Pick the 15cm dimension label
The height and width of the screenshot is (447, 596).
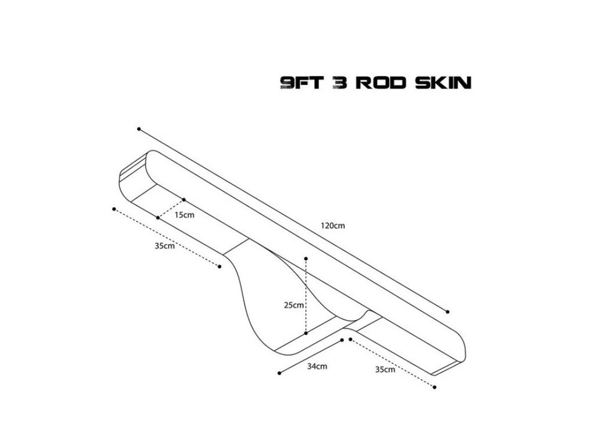[185, 215]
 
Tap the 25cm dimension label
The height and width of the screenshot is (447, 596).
[293, 304]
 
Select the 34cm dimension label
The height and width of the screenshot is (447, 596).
[317, 366]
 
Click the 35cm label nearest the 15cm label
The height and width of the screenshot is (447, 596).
[165, 246]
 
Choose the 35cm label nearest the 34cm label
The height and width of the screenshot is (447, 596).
[386, 369]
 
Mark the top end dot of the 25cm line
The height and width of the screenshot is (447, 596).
[306, 257]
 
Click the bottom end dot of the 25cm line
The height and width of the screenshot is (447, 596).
[306, 334]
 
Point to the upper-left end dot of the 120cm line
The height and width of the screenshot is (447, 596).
[139, 129]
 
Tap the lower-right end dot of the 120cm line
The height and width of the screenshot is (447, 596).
[448, 310]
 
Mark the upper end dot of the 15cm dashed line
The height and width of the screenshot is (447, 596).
[183, 200]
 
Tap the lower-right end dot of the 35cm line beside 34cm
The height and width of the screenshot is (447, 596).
[434, 386]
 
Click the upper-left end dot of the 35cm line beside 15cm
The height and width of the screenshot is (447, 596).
[114, 208]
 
